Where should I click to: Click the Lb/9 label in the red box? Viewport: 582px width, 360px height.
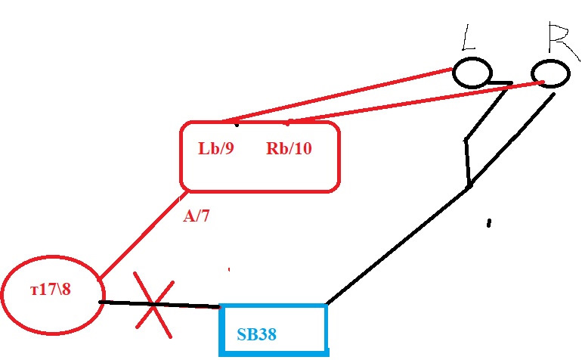coord(216,148)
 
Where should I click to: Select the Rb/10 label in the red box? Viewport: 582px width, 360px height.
coord(289,148)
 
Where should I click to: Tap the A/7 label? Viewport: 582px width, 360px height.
coord(197,216)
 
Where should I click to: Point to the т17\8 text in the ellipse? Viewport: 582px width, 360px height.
coord(51,289)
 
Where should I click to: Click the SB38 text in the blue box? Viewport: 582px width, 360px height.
coord(256,334)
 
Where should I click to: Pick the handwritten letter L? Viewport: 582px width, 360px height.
coord(469,37)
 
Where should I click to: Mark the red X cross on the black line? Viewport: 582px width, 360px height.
coord(153,305)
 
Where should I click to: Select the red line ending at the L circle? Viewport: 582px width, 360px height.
coord(337,95)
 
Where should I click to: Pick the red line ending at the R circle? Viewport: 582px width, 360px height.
coord(416,101)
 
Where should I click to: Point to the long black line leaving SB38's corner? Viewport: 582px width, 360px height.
coord(440,200)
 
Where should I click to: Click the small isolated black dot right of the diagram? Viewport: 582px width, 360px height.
coord(489,223)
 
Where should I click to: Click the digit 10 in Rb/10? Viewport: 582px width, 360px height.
coord(303,148)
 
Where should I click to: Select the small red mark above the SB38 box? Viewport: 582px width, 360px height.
coord(229,269)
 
